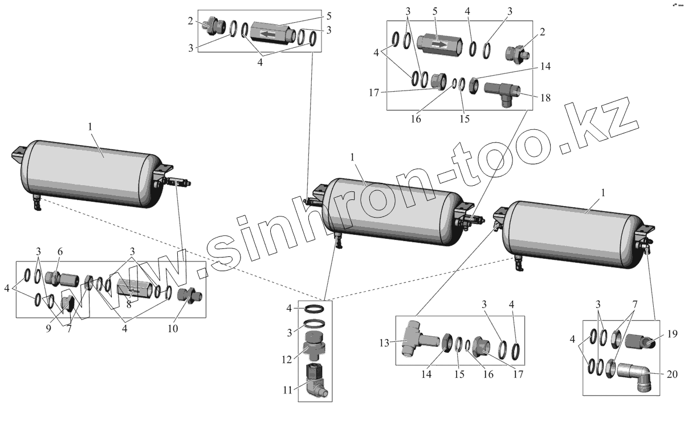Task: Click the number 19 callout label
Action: click(x=673, y=335)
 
